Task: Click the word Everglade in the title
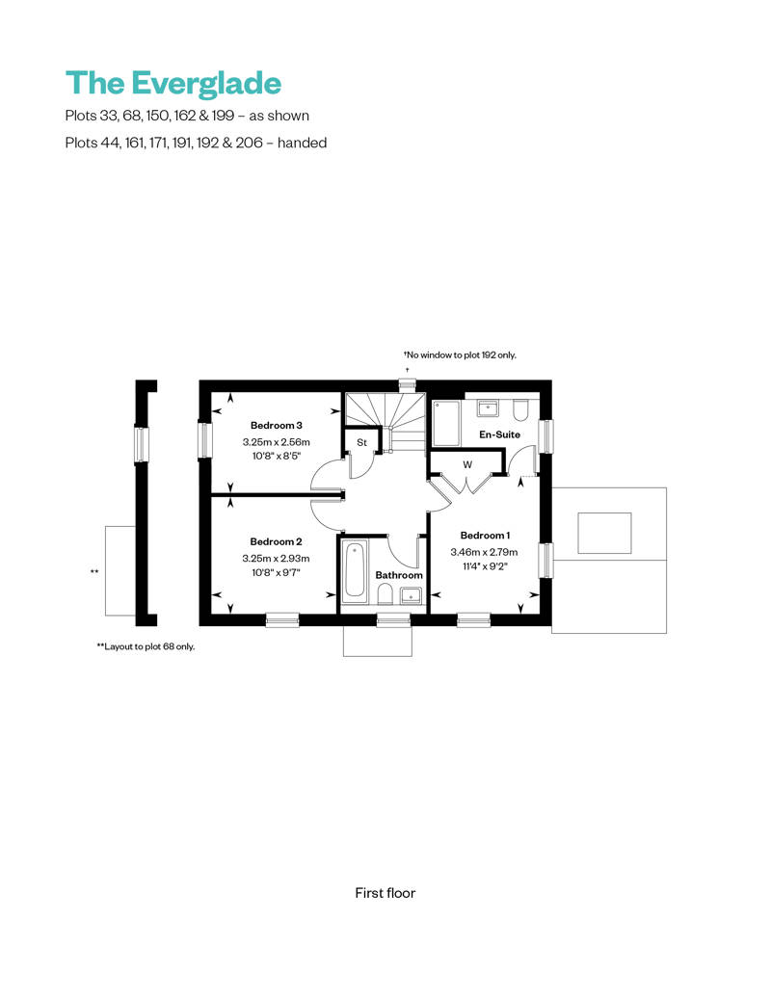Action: click(x=206, y=83)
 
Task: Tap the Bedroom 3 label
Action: click(x=277, y=425)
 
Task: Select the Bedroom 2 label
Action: click(x=277, y=541)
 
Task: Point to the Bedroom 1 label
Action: click(x=485, y=536)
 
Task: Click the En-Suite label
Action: click(x=499, y=435)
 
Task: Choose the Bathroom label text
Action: click(x=399, y=575)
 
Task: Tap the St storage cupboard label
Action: click(x=362, y=442)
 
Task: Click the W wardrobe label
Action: click(x=467, y=464)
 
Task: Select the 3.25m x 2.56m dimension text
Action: click(x=277, y=442)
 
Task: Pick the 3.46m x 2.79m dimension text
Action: click(x=485, y=552)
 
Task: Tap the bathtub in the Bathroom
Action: click(x=354, y=571)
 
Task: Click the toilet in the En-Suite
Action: click(x=520, y=411)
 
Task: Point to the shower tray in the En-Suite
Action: click(x=446, y=422)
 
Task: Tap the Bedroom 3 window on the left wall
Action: click(x=204, y=440)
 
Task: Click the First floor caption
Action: click(x=385, y=893)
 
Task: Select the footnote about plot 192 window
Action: click(x=461, y=355)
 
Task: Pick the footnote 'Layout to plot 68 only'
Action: click(x=146, y=646)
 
